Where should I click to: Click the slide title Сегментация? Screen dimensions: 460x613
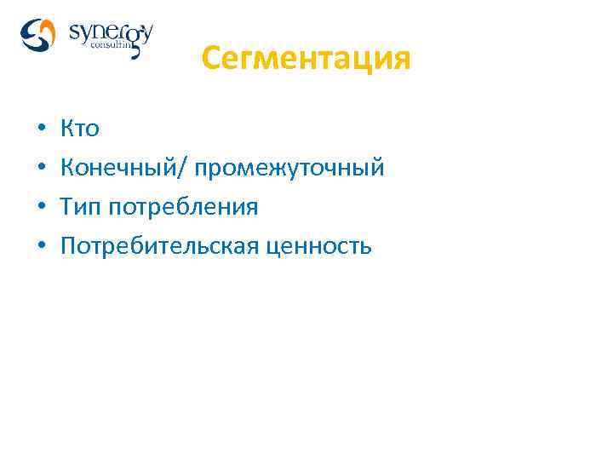pos(306,60)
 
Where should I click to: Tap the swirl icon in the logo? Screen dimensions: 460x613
pos(38,36)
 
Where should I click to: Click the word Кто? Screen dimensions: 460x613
pos(80,129)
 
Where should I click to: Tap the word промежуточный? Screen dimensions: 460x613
pos(289,169)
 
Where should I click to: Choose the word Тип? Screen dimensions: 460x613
pos(80,207)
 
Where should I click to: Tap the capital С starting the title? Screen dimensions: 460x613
pos(212,60)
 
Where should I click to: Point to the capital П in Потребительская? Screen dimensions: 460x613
pos(68,246)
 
